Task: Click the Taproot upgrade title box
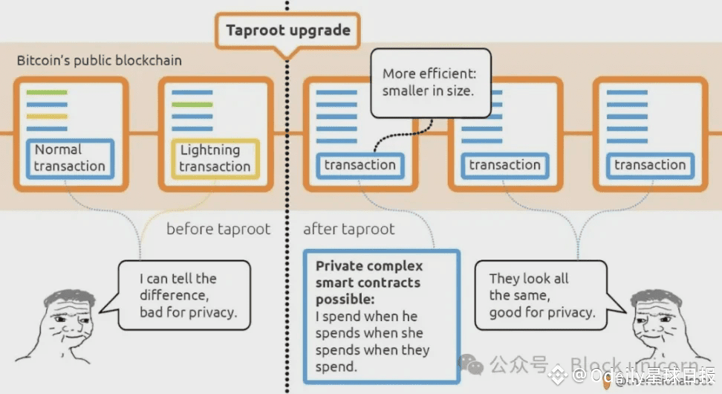click(x=287, y=31)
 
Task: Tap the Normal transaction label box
click(x=70, y=158)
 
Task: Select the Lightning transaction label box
click(x=215, y=158)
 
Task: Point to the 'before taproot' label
click(x=218, y=229)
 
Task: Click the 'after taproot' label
click(x=348, y=229)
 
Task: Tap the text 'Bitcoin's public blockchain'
click(x=99, y=60)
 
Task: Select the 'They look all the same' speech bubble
click(x=542, y=295)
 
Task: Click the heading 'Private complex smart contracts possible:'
click(x=369, y=282)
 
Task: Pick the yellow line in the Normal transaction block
click(x=47, y=116)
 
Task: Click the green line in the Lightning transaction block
click(x=192, y=104)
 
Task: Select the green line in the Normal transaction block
click(x=47, y=92)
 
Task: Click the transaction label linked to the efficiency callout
click(x=360, y=165)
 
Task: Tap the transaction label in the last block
click(x=650, y=165)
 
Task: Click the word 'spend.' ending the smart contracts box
click(x=336, y=366)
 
